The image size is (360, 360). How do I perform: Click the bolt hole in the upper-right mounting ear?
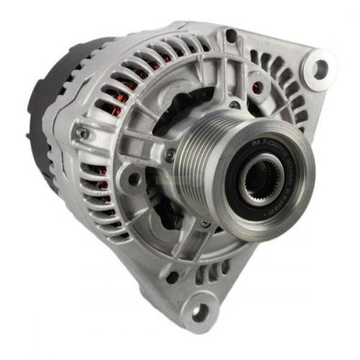pyautogui.click(x=320, y=68)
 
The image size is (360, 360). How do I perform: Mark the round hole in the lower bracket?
pyautogui.click(x=174, y=276)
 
